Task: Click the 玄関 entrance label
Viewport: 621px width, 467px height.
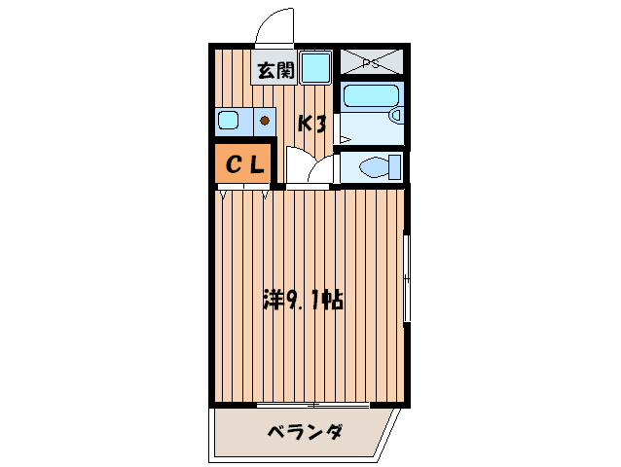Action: click(275, 70)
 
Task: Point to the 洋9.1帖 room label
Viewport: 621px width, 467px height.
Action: click(303, 300)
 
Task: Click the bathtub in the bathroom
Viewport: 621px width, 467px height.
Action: click(367, 96)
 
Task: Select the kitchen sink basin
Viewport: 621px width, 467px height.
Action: click(229, 122)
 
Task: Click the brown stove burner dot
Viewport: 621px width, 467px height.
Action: click(264, 122)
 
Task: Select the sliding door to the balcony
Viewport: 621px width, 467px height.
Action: click(311, 404)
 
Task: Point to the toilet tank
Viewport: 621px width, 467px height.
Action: click(396, 166)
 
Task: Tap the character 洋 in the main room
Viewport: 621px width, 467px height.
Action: click(274, 300)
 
